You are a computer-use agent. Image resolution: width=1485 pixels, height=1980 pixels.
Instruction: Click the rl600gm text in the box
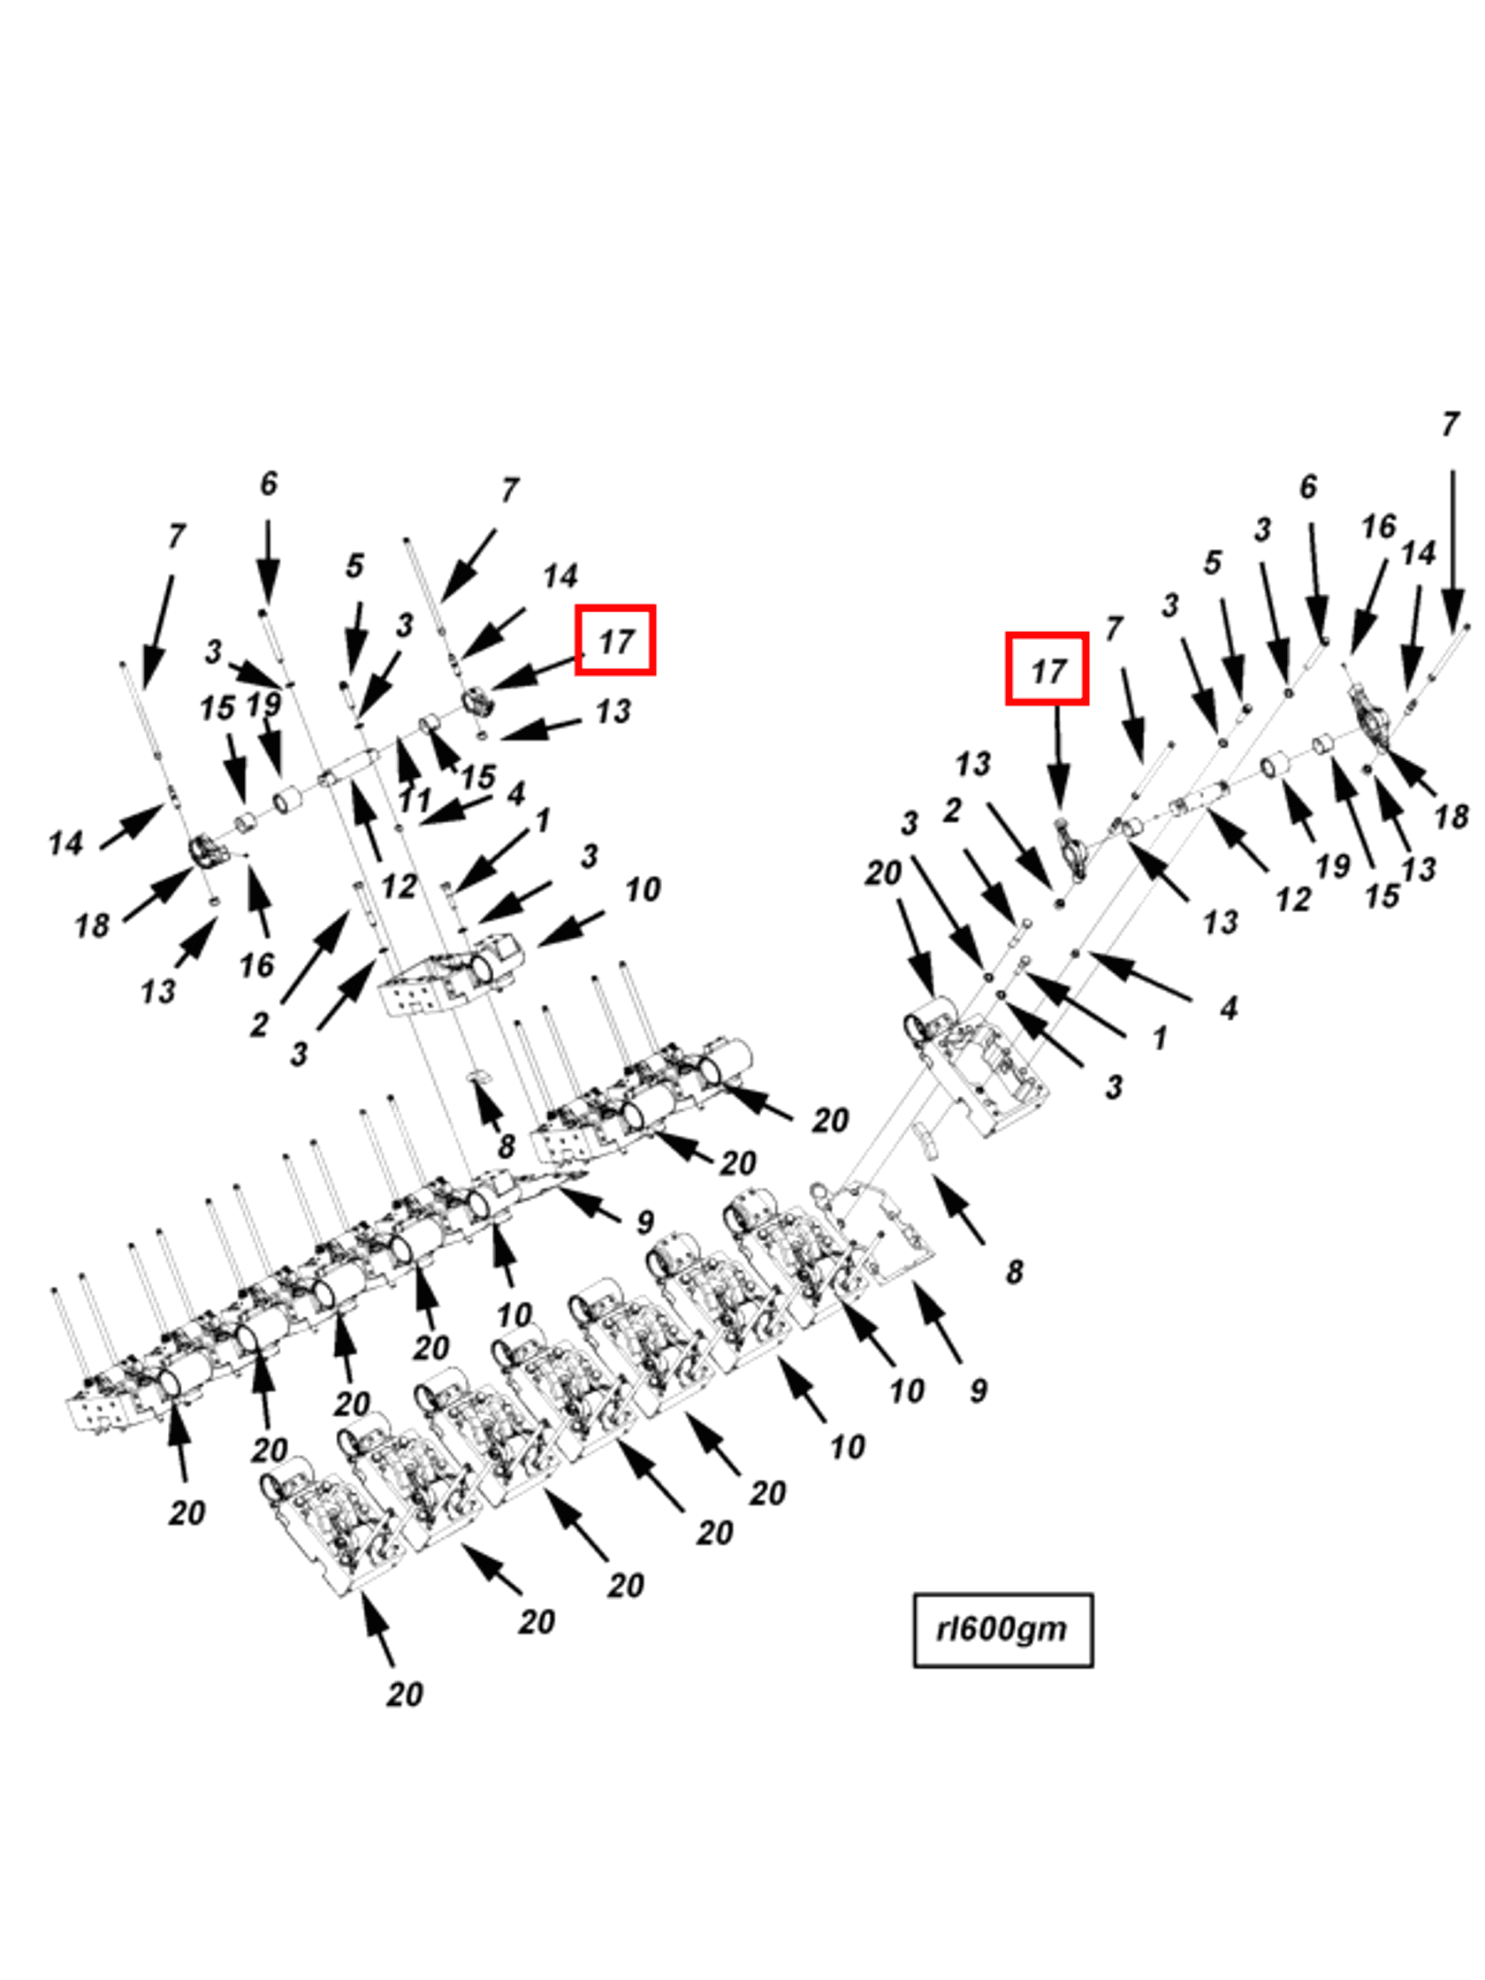(1001, 1628)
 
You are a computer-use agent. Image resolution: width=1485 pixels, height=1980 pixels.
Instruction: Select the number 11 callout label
(414, 799)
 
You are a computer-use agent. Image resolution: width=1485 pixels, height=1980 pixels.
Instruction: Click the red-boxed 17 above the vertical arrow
(1047, 669)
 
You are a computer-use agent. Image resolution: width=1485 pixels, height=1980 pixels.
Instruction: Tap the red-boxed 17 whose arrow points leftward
(615, 640)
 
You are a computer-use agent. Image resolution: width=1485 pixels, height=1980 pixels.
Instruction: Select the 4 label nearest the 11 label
(515, 793)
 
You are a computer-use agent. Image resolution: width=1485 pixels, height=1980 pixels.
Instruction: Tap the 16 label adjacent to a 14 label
(1377, 526)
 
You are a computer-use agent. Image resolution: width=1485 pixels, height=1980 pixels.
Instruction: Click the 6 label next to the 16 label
(1307, 486)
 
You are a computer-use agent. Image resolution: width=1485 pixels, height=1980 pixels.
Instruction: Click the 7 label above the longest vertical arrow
(1451, 423)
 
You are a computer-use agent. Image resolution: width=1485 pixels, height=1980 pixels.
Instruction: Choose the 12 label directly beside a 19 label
(1292, 899)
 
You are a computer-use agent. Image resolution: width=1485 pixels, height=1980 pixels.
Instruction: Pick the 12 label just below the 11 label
(399, 886)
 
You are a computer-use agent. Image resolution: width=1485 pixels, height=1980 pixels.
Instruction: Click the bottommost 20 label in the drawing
(404, 1694)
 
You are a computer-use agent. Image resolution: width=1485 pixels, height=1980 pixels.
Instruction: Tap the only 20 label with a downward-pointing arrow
(882, 872)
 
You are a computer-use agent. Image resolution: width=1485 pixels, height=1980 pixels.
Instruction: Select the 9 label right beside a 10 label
(978, 1390)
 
